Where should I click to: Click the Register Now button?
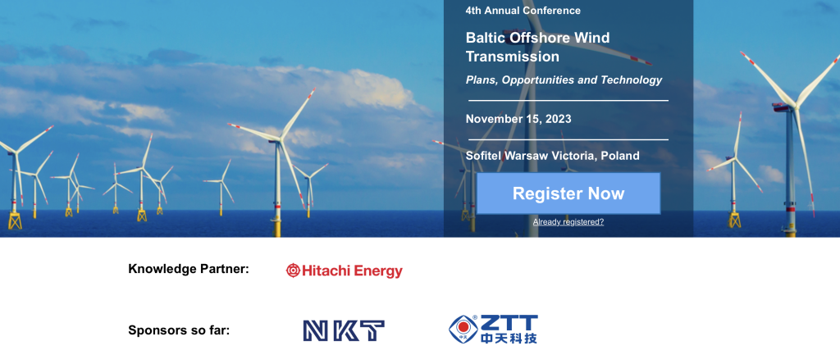[568, 193]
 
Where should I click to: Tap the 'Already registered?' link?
[568, 222]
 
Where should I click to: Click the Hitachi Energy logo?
[345, 271]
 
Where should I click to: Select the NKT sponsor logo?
[344, 330]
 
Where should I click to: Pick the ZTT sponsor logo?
[494, 329]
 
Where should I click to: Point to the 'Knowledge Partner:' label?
[189, 269]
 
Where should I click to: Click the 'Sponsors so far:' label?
[179, 330]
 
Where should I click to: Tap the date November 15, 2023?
[518, 119]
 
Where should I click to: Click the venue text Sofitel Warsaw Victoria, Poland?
[552, 156]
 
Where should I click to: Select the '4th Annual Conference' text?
[523, 11]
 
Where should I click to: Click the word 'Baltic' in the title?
[486, 38]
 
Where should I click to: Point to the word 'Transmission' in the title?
[513, 57]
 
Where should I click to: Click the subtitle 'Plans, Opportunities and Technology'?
[564, 80]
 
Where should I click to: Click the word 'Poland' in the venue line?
[620, 156]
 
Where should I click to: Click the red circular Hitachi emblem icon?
[293, 271]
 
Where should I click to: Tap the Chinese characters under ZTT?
[509, 338]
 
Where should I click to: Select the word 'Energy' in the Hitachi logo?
[377, 271]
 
